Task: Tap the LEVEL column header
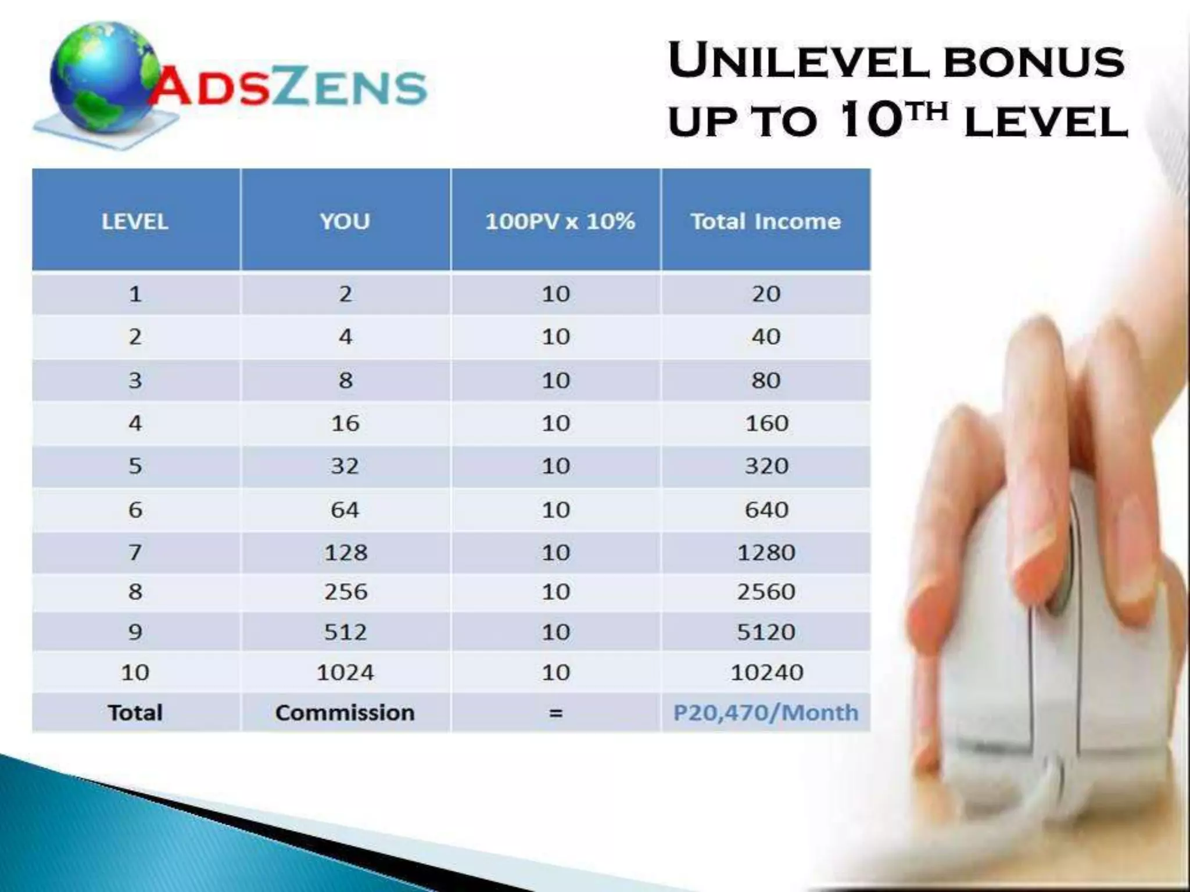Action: [x=135, y=221]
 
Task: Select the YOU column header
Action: [x=345, y=221]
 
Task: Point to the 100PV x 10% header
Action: [x=560, y=221]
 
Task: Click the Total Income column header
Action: [x=765, y=221]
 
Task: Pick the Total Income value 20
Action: [x=766, y=294]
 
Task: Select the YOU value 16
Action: [x=345, y=423]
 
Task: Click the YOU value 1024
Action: [x=345, y=672]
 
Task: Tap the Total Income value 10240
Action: [x=766, y=672]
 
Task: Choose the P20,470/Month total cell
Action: [x=765, y=713]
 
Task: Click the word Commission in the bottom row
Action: [x=345, y=713]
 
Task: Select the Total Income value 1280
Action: [x=766, y=552]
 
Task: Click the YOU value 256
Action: [x=346, y=592]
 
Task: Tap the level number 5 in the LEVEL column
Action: [x=135, y=466]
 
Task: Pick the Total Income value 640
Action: [x=766, y=510]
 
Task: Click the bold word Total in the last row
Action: [x=135, y=713]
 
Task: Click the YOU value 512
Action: [x=346, y=632]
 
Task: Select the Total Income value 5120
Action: [x=766, y=632]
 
